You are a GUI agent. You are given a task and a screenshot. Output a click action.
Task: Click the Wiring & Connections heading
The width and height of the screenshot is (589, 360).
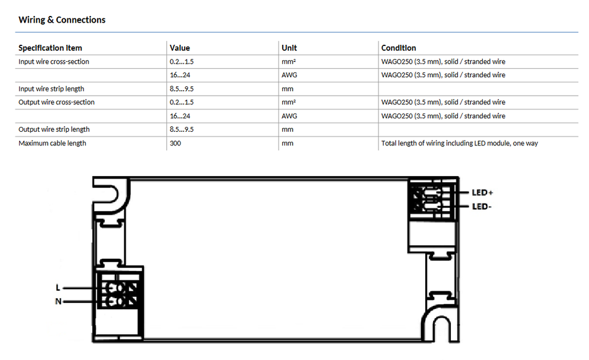(62, 20)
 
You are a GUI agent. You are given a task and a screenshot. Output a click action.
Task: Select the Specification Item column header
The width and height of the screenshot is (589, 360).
(50, 48)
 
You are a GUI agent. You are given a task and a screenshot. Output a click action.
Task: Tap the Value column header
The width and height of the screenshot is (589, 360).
(180, 48)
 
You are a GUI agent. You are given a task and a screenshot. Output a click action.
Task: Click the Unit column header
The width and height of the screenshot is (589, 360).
(289, 48)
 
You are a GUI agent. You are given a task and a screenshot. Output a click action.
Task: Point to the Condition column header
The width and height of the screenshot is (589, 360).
(399, 48)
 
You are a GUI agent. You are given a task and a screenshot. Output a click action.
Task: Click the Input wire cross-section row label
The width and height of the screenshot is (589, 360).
(54, 61)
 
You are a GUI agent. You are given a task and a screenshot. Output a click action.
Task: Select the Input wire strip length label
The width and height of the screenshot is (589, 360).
(51, 89)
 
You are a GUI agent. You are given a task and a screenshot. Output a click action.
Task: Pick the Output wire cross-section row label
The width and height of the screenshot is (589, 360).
(56, 102)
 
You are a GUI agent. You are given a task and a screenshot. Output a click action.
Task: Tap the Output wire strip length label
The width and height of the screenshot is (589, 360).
(54, 129)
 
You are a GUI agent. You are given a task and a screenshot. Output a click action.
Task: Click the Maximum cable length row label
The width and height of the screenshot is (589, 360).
(52, 143)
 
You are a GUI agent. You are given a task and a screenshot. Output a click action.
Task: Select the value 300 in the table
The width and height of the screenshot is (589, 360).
(175, 143)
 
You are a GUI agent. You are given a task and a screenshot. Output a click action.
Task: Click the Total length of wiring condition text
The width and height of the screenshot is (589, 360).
(460, 143)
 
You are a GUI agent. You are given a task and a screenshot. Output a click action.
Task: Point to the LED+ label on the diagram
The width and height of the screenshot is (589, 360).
(482, 193)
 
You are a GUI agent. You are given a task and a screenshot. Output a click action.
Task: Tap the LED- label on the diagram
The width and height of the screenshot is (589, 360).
(482, 207)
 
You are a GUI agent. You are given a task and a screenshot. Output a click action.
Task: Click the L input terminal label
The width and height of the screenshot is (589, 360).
(58, 288)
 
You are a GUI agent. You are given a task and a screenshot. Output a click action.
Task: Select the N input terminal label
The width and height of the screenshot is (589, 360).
(58, 302)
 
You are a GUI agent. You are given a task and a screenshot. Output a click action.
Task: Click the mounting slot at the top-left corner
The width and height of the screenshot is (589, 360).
(110, 194)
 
